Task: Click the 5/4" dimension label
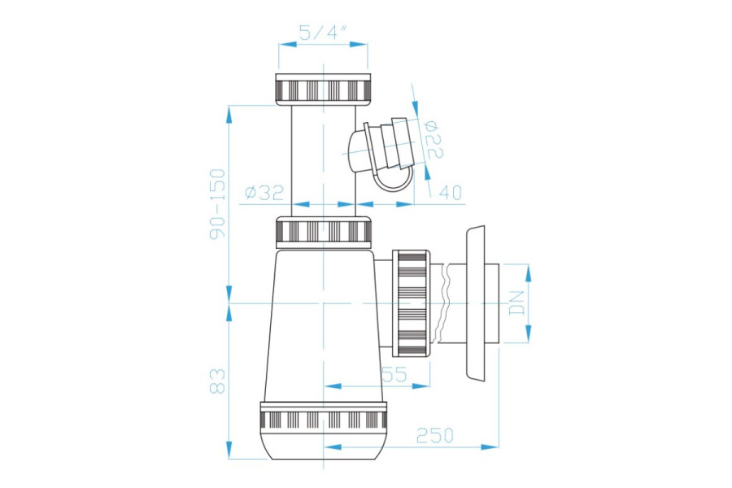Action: pos(324,33)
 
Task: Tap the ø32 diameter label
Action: pos(264,192)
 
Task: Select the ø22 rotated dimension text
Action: pos(433,139)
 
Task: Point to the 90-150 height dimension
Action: pos(217,204)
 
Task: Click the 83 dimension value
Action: pos(217,381)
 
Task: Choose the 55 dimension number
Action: pos(395,374)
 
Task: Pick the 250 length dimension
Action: pos(434,436)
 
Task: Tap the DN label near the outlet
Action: pos(517,303)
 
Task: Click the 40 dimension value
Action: pos(451,192)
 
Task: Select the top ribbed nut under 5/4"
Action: pos(323,89)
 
